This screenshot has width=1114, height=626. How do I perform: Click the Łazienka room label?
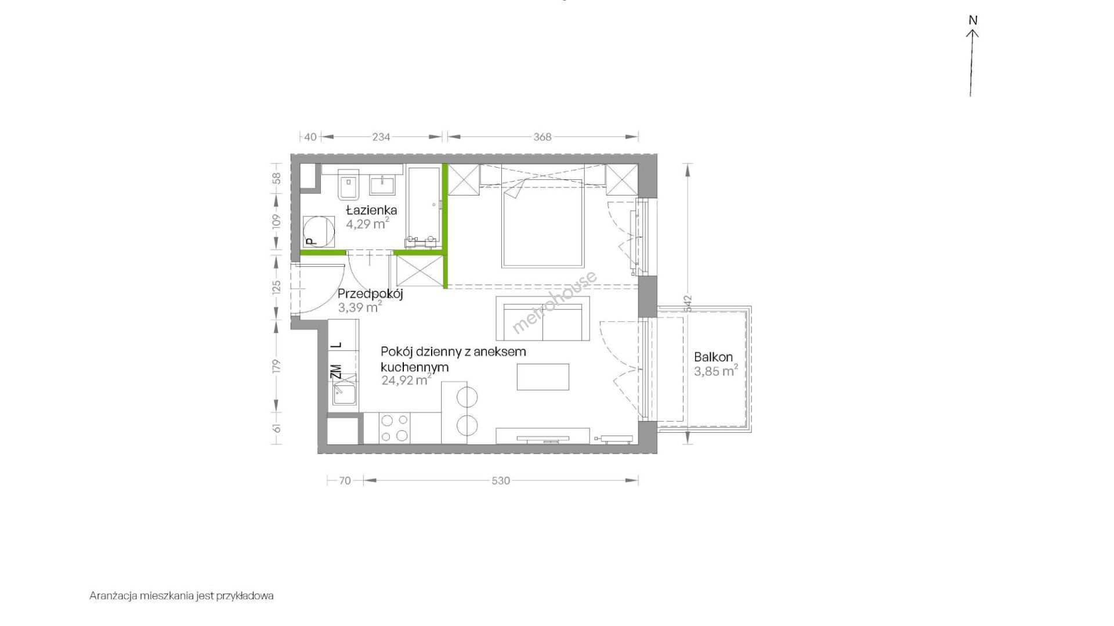coord(371,209)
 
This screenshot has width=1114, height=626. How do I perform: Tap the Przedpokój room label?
coord(370,294)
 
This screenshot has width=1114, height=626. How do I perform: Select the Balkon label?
coord(714,357)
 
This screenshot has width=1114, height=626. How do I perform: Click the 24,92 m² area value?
coord(406,381)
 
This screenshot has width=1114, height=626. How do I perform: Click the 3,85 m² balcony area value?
coord(716,371)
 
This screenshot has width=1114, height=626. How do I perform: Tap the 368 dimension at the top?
coord(542,137)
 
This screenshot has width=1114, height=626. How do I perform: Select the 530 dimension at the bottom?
coord(501,480)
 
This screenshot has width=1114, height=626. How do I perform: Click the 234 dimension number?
coord(381,137)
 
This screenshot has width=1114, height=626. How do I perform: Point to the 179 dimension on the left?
coord(276,366)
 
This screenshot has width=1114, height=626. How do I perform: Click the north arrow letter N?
coord(973,20)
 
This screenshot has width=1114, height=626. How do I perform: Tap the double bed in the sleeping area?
coord(542,227)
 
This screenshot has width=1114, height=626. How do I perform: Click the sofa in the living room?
coord(542,319)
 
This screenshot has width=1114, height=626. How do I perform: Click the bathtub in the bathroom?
coord(424,207)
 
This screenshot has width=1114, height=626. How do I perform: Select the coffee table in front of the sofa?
coord(543,377)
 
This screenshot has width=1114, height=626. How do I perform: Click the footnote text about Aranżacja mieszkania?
coord(182,596)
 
